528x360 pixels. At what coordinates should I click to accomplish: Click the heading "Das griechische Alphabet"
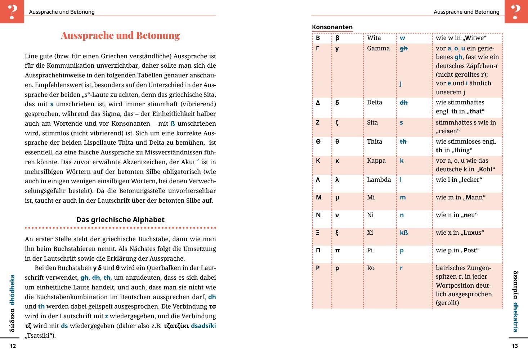(x=120, y=220)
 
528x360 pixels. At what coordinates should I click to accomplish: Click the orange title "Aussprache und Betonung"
(x=120, y=35)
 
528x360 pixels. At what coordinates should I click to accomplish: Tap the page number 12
(x=13, y=346)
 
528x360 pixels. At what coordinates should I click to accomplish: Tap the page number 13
(x=515, y=346)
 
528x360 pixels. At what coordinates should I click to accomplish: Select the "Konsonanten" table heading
(x=332, y=27)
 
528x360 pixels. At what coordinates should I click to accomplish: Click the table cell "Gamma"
(x=378, y=48)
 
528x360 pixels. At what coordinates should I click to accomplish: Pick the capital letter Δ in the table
(x=318, y=103)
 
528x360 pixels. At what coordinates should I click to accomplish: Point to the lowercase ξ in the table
(x=337, y=233)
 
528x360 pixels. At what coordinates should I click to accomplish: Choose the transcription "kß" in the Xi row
(x=404, y=233)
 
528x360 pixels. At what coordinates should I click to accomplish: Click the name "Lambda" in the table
(x=379, y=180)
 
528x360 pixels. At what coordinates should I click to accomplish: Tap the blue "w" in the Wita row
(x=402, y=38)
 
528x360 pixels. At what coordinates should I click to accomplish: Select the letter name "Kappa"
(x=376, y=161)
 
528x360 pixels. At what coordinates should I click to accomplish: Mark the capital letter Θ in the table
(x=318, y=141)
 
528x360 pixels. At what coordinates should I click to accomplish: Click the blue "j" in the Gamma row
(x=401, y=83)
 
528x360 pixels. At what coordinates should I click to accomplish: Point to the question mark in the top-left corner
(x=12, y=12)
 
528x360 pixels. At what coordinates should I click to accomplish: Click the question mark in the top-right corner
(x=516, y=12)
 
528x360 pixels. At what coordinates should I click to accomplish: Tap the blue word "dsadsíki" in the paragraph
(x=203, y=326)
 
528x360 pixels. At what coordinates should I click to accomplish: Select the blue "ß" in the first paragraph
(x=173, y=123)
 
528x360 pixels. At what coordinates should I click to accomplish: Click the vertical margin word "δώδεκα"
(x=12, y=320)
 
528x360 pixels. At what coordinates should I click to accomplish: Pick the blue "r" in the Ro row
(x=401, y=268)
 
